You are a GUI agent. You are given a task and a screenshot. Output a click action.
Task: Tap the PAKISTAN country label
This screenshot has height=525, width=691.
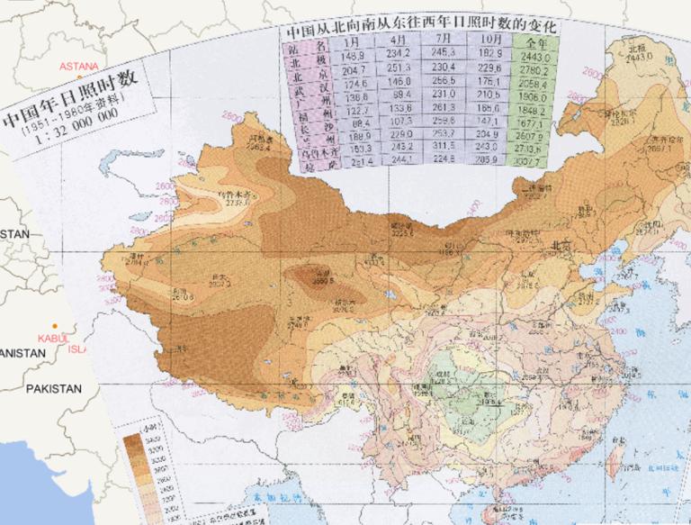pyautogui.click(x=53, y=388)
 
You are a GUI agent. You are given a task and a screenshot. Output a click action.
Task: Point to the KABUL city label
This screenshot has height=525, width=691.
pyautogui.click(x=52, y=338)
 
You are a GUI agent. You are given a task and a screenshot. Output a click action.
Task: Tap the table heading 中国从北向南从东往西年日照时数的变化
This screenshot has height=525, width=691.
pyautogui.click(x=420, y=27)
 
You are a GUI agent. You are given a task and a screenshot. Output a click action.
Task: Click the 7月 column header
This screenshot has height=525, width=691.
pyautogui.click(x=444, y=41)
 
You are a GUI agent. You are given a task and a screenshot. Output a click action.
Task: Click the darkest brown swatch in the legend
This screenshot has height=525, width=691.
pyautogui.click(x=133, y=439)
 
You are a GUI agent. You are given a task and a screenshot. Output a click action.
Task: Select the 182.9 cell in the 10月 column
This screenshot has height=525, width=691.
pyautogui.click(x=491, y=55)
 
